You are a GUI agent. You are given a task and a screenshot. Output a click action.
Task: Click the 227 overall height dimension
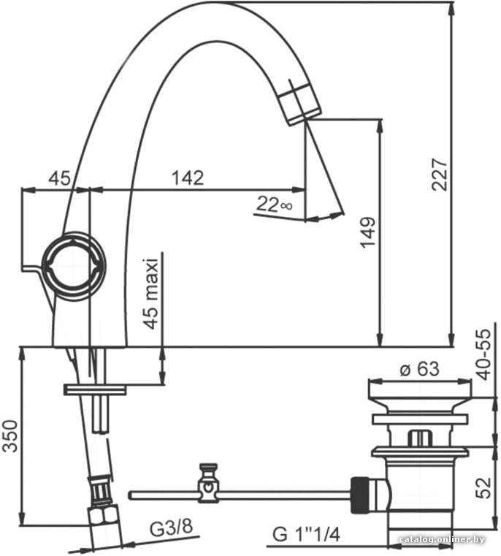[x=440, y=175]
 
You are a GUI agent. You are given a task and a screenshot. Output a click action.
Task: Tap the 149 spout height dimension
[x=367, y=232]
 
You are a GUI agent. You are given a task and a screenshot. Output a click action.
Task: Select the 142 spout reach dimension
[x=188, y=178]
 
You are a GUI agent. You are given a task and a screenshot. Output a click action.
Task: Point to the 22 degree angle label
[x=274, y=205]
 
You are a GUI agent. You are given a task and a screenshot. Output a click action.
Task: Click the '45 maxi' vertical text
[x=151, y=294]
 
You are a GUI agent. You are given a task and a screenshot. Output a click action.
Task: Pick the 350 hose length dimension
[x=10, y=435]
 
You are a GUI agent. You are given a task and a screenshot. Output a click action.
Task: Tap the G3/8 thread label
[x=171, y=528]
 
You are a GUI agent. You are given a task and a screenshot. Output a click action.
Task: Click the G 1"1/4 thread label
[x=306, y=534]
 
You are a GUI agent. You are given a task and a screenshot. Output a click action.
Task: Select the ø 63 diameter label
[x=419, y=369]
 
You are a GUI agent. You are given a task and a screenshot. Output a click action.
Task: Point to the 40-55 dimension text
[x=484, y=354]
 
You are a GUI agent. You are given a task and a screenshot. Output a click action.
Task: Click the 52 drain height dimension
[x=483, y=488]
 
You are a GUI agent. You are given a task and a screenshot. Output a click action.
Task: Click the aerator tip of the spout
[x=300, y=104]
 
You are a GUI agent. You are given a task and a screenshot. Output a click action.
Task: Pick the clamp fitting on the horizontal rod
[x=208, y=483]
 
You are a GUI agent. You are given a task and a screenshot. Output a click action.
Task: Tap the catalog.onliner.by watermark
[x=441, y=539]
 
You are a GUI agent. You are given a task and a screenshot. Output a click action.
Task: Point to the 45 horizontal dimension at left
[x=59, y=178]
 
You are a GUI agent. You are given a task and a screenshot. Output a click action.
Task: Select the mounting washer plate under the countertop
[x=95, y=389]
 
